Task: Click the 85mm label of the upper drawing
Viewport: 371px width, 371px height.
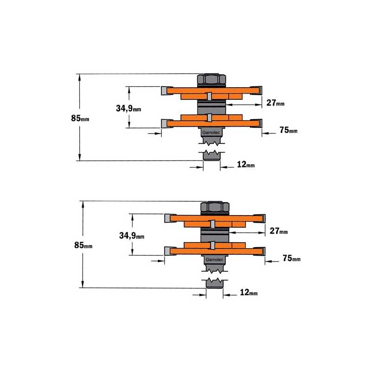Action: (x=80, y=118)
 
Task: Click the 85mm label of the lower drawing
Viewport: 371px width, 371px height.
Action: (x=83, y=245)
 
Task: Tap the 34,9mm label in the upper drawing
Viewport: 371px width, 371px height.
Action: (x=128, y=109)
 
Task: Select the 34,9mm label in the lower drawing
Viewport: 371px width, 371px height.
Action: (x=132, y=236)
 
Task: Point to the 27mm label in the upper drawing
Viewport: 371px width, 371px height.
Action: (x=275, y=102)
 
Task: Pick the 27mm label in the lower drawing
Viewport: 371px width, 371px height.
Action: (x=279, y=230)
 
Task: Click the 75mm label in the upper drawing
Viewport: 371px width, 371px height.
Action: (x=288, y=130)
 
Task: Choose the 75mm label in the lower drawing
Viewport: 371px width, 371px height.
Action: (x=292, y=258)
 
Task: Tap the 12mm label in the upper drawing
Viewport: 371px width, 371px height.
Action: (x=246, y=164)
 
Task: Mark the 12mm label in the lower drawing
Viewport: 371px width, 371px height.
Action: (x=249, y=292)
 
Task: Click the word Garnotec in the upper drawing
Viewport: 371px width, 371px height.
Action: (x=211, y=133)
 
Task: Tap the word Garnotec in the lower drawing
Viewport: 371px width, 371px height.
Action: (x=214, y=260)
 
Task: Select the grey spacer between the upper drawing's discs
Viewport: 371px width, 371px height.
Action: (x=211, y=108)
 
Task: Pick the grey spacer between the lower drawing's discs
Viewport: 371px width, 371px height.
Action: (x=215, y=235)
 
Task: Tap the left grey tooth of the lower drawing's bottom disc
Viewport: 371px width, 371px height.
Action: (x=167, y=251)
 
